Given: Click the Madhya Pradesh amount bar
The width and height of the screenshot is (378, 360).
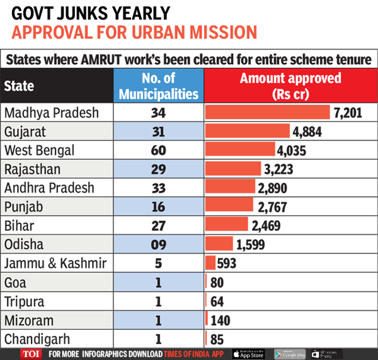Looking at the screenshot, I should click(x=268, y=113).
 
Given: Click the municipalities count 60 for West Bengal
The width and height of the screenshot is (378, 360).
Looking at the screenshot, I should click(x=157, y=150).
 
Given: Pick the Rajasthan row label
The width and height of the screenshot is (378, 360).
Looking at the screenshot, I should click(x=33, y=169).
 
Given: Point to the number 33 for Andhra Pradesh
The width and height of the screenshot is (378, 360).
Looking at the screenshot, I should click(x=157, y=188).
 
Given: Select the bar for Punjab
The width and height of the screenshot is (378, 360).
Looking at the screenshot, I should click(x=229, y=206).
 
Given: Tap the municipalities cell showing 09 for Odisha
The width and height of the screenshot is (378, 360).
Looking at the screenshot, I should click(x=157, y=244).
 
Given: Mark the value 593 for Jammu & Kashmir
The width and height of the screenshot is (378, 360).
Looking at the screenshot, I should click(x=227, y=263).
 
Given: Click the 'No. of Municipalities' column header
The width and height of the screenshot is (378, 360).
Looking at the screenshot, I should click(x=158, y=86).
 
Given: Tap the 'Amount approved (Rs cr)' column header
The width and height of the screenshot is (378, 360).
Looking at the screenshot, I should click(x=290, y=86).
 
